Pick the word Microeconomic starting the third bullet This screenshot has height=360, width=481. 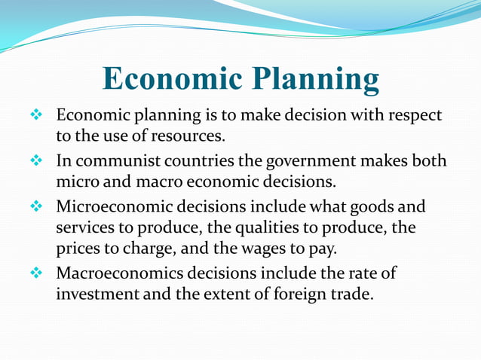tap(110, 206)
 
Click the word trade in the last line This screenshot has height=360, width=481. tap(353, 294)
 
